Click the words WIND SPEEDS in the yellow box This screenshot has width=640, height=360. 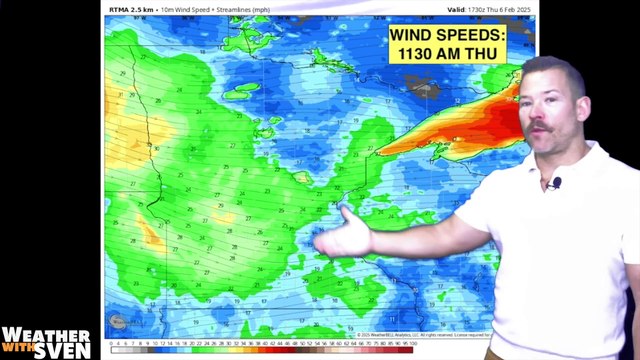[448, 35]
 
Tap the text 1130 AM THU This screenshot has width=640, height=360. [448, 53]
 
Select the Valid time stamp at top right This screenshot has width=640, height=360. [491, 8]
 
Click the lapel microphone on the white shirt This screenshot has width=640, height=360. [555, 183]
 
